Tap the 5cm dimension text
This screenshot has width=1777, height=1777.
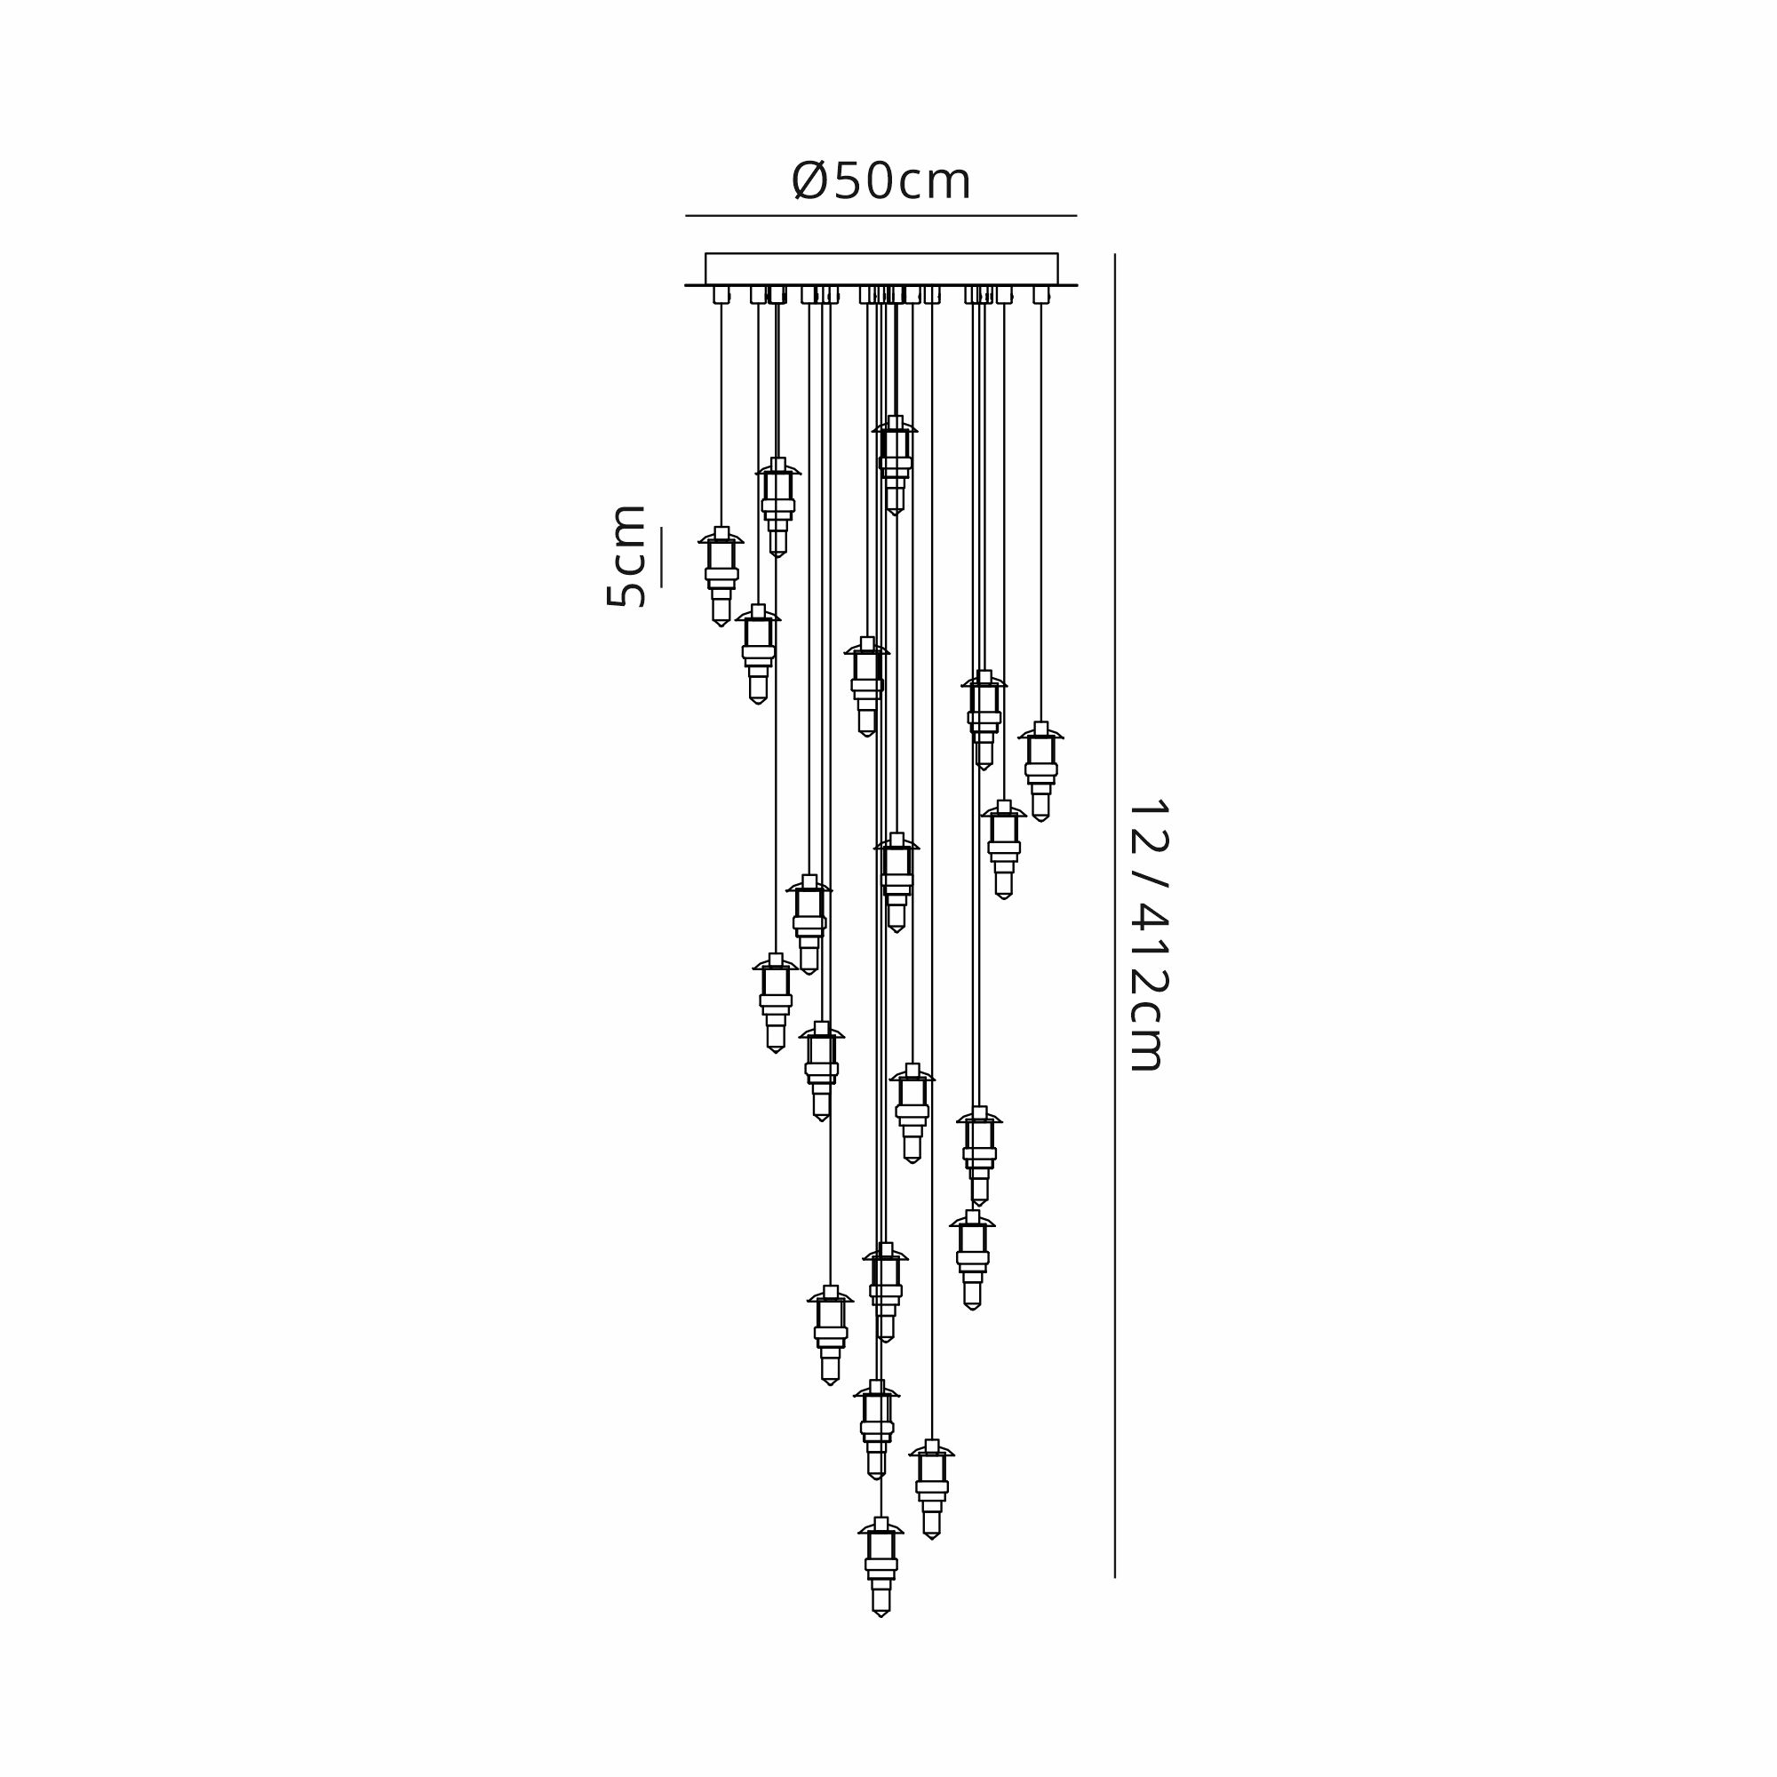pyautogui.click(x=626, y=555)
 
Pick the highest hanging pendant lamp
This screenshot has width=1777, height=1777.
pyautogui.click(x=895, y=466)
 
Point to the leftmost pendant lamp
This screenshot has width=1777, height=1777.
pyautogui.click(x=721, y=577)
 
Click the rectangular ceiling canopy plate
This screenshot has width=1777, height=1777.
pyautogui.click(x=881, y=268)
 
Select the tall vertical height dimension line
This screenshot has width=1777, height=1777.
pyautogui.click(x=1115, y=916)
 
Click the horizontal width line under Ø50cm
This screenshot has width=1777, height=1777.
pyautogui.click(x=881, y=216)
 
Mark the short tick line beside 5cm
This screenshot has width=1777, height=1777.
pyautogui.click(x=660, y=556)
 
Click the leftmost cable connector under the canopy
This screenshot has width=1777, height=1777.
pyautogui.click(x=721, y=294)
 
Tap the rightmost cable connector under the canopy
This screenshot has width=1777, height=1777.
pyautogui.click(x=1040, y=294)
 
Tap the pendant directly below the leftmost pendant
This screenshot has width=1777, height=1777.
pyautogui.click(x=758, y=654)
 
